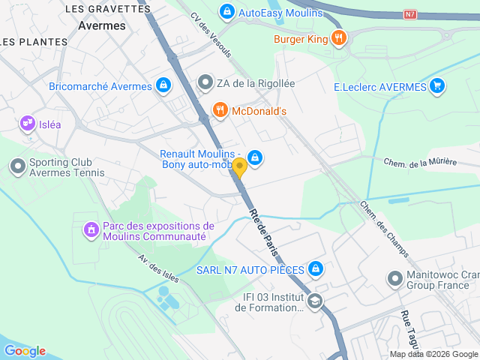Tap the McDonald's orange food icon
coord(220,110)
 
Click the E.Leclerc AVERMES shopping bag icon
coord(438,86)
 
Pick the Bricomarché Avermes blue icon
coord(163,85)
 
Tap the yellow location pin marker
coord(239,167)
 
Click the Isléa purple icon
coord(28,122)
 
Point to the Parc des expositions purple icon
coord(91,228)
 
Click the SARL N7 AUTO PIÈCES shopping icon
coord(316,268)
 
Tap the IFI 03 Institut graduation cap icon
coord(316,301)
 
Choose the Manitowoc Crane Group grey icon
coord(394,279)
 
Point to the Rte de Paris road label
coord(262,229)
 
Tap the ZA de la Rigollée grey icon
coord(205,83)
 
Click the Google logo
coord(25,350)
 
